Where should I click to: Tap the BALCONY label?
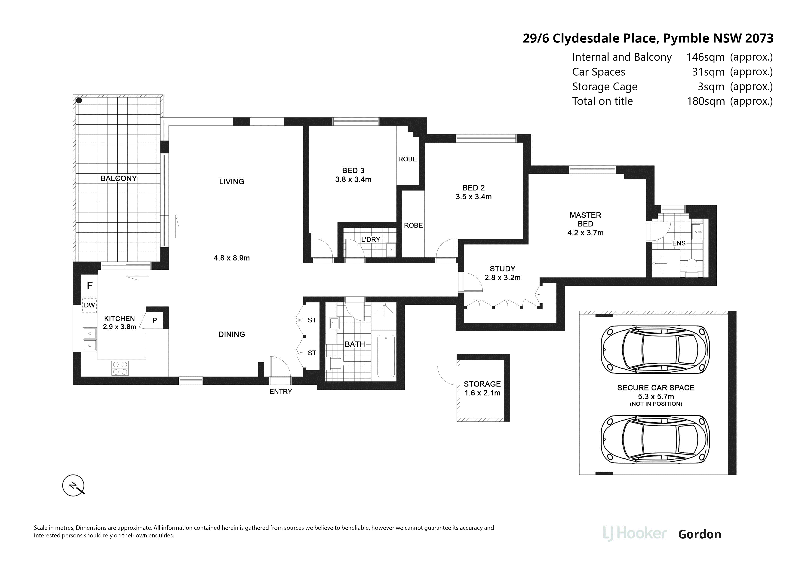click(119, 178)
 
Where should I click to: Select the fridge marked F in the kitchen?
click(90, 285)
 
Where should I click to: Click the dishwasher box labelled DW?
click(89, 305)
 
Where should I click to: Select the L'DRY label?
click(371, 239)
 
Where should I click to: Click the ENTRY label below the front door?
click(281, 392)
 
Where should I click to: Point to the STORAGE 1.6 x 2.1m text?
click(482, 388)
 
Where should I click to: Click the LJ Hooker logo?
click(635, 534)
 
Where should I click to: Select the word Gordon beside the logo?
click(700, 534)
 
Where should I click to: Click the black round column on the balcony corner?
click(79, 101)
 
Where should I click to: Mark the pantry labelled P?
click(155, 320)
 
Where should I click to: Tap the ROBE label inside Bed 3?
click(408, 159)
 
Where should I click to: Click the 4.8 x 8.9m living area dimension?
click(232, 258)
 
